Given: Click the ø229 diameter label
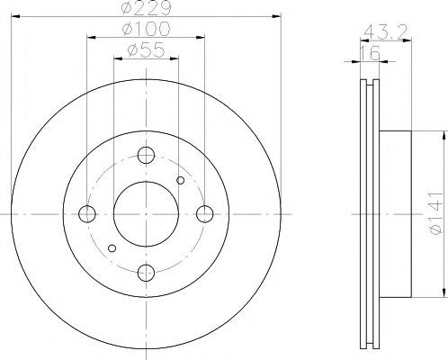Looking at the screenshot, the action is [146, 7].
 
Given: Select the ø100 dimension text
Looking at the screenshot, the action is [146, 29].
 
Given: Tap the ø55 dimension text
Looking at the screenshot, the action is [146, 49].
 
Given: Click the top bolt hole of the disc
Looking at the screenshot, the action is [146, 155].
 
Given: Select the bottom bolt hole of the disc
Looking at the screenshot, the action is [146, 273].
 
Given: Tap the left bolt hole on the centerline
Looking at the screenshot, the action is [87, 214].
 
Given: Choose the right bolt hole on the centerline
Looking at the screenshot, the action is [205, 214].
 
